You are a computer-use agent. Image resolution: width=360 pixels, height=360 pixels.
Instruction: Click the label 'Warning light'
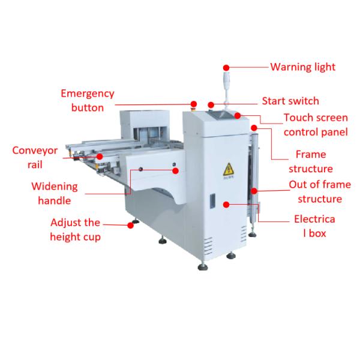click(302, 67)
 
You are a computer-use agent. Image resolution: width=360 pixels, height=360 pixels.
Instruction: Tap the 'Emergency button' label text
click(88, 101)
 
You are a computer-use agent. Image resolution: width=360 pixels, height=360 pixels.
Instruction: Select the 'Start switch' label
click(290, 101)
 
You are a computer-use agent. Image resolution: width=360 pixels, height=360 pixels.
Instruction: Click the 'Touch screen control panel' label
click(316, 125)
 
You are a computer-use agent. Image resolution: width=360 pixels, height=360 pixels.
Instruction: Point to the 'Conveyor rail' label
click(35, 157)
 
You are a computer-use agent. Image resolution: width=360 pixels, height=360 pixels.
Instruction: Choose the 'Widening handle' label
click(59, 193)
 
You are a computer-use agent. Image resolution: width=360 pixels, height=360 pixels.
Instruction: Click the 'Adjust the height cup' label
click(75, 229)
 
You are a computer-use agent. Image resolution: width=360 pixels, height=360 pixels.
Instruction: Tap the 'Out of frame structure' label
click(316, 191)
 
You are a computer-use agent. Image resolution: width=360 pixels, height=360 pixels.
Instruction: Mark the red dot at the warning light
click(226, 67)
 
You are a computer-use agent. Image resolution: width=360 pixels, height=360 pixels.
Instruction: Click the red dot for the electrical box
click(226, 205)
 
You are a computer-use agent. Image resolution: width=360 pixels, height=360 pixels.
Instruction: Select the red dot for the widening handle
click(176, 171)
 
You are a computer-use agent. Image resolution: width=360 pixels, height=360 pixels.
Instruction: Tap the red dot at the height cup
click(130, 225)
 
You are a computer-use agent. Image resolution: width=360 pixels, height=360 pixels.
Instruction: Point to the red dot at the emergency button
click(193, 104)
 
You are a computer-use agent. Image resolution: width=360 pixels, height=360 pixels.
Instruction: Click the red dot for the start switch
click(211, 104)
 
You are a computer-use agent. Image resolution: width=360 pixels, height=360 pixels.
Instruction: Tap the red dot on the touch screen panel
click(238, 115)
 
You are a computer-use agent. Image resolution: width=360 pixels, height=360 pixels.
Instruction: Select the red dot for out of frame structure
click(255, 191)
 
